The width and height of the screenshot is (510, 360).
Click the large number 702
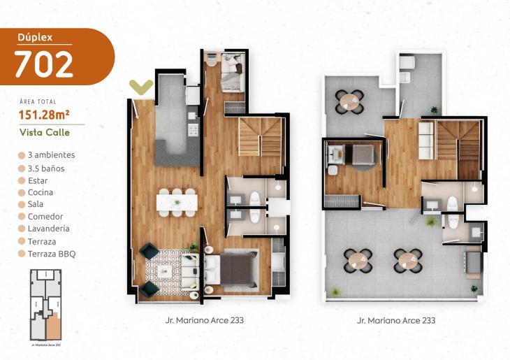pyautogui.click(x=43, y=65)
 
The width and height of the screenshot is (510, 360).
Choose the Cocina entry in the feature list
pyautogui.click(x=40, y=192)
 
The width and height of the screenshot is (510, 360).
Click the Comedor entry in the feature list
pyautogui.click(x=45, y=216)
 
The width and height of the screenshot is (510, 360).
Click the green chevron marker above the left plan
pyautogui.click(x=142, y=87)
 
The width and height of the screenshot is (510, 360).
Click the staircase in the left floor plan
pyautogui.click(x=261, y=137)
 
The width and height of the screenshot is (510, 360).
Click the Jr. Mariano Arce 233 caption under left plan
pyautogui.click(x=201, y=321)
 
